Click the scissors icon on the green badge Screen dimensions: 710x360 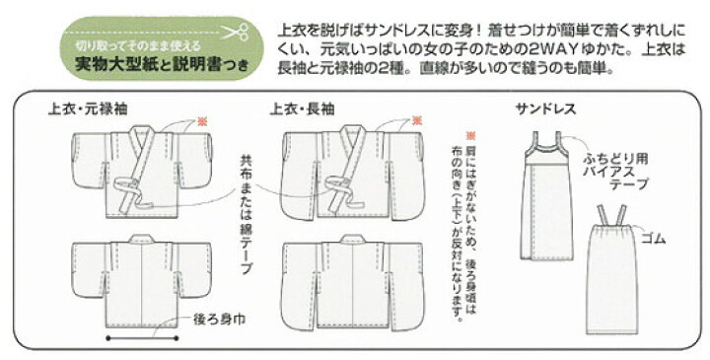[236, 32]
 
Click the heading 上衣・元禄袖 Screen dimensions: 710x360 [88, 109]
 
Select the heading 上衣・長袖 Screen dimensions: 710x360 [302, 109]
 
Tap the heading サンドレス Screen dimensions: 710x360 [545, 109]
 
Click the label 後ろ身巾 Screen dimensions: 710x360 [219, 320]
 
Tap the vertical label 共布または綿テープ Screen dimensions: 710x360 [246, 215]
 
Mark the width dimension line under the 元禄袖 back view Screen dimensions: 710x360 [142, 338]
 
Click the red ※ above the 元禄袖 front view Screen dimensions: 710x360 [202, 121]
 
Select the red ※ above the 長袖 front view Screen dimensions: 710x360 [417, 121]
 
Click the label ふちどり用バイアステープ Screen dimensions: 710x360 [615, 172]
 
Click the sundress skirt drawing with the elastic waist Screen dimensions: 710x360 [611, 270]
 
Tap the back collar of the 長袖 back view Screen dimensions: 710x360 [353, 240]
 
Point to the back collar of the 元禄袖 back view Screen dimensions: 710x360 [142, 239]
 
